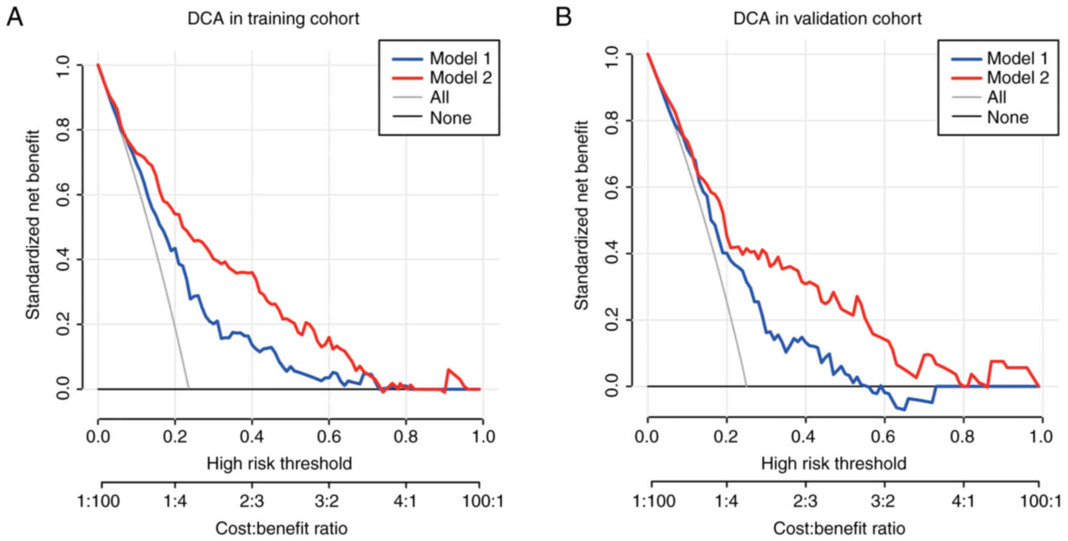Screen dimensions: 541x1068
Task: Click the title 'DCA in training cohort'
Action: pos(273,19)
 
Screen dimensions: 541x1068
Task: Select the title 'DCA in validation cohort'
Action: pos(827,19)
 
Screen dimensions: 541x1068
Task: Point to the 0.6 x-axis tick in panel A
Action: pos(328,437)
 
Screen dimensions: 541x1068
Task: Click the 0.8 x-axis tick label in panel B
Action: pos(963,437)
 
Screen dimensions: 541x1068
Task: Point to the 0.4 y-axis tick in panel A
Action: pos(63,259)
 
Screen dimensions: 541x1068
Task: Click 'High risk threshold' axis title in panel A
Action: pos(279,464)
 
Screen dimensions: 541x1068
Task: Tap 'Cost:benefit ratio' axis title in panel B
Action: pos(839,528)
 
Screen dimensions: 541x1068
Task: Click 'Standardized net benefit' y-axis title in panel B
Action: pos(581,216)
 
